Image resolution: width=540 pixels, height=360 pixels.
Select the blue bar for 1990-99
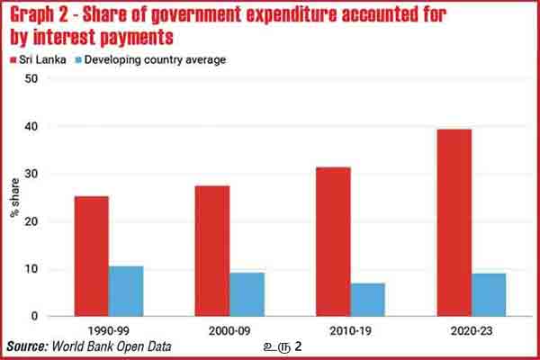pyautogui.click(x=125, y=292)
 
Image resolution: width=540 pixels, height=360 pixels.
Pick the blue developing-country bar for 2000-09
pyautogui.click(x=247, y=294)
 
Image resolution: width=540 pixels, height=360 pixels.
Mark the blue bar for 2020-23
pyautogui.click(x=488, y=294)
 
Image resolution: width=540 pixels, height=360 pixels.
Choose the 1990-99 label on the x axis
pyautogui.click(x=108, y=330)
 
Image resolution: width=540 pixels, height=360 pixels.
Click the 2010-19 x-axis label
pyautogui.click(x=350, y=330)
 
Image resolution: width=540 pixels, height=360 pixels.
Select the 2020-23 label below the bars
pyautogui.click(x=471, y=330)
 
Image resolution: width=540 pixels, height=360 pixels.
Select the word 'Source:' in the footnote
pyautogui.click(x=28, y=346)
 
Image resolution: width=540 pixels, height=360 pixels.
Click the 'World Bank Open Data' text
pyautogui.click(x=112, y=346)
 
